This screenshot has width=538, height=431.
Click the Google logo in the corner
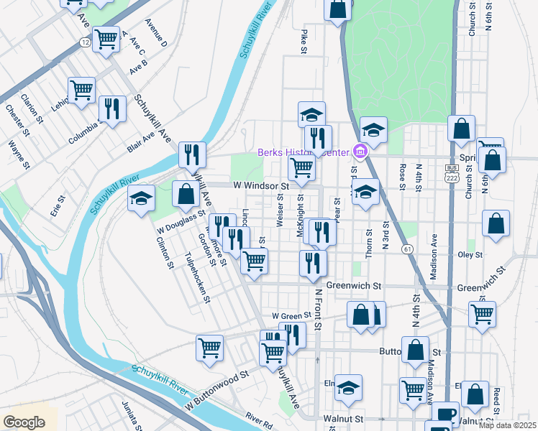pyautogui.click(x=24, y=422)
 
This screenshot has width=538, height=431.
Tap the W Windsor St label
pyautogui.click(x=260, y=185)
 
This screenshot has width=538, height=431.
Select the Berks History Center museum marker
pyautogui.click(x=361, y=152)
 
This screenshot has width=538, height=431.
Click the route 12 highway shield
pyautogui.click(x=85, y=43)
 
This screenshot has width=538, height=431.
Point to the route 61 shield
pyautogui.click(x=407, y=249)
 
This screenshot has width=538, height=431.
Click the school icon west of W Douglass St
pyautogui.click(x=142, y=198)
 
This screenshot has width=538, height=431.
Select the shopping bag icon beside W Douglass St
pyautogui.click(x=186, y=194)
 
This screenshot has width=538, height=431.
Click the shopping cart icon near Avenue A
pyautogui.click(x=106, y=40)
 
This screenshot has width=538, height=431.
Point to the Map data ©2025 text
pyautogui.click(x=506, y=425)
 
